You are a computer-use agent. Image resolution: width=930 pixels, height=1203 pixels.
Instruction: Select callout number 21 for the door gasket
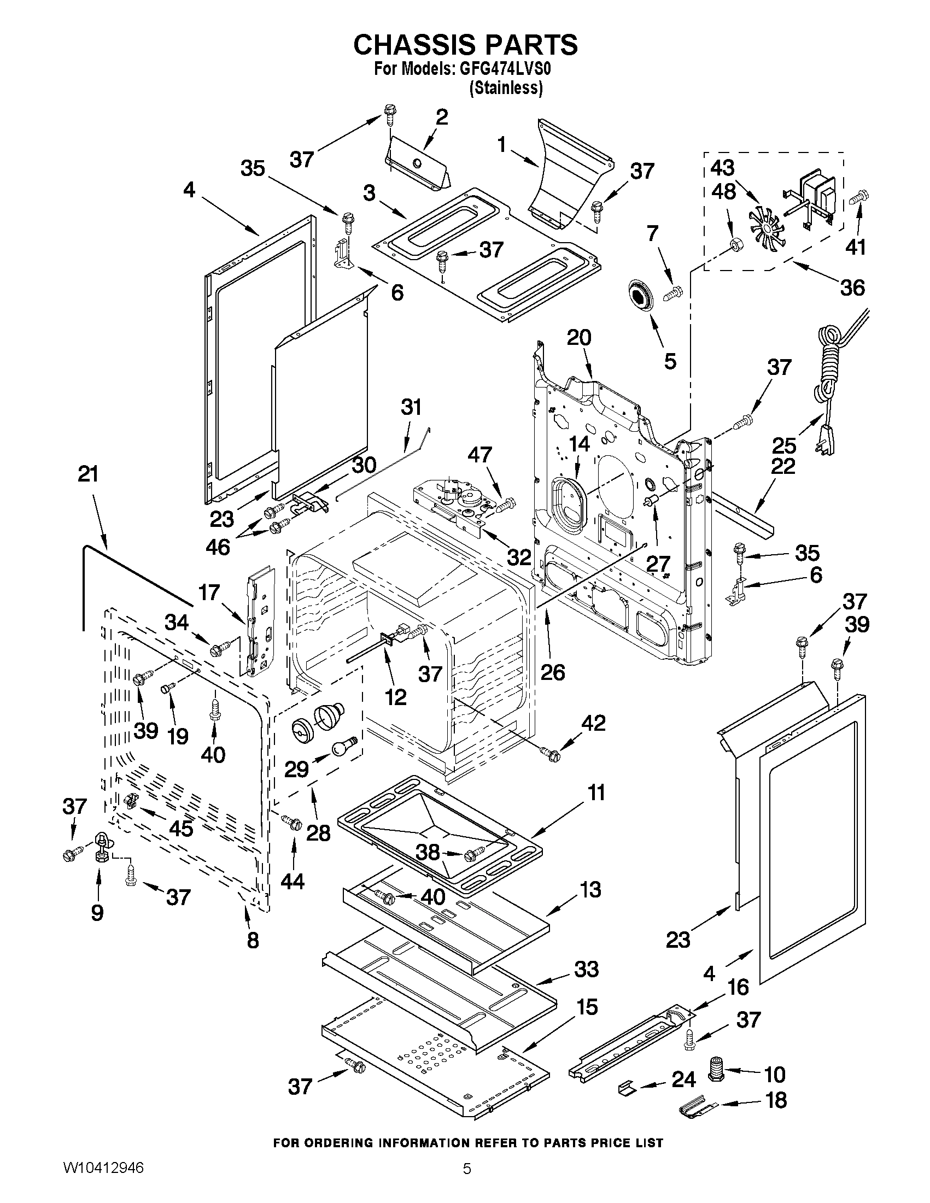[87, 474]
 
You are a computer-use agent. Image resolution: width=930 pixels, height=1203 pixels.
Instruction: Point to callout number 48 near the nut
[723, 191]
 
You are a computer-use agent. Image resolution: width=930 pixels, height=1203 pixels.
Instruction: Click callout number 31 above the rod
[411, 407]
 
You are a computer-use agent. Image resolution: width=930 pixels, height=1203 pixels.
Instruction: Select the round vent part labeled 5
[639, 298]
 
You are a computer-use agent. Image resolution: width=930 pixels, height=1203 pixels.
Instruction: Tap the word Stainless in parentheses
[506, 88]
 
